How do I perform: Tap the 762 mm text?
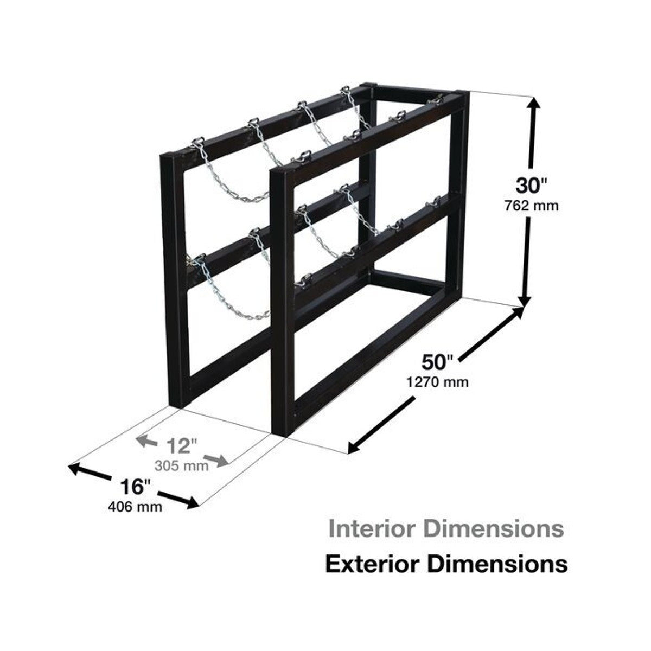[x=532, y=205]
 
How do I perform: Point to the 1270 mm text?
[x=437, y=382]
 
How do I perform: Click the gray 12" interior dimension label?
[x=182, y=446]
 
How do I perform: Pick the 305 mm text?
[x=181, y=466]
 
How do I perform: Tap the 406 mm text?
[x=135, y=507]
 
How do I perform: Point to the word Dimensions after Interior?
[x=494, y=539]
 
